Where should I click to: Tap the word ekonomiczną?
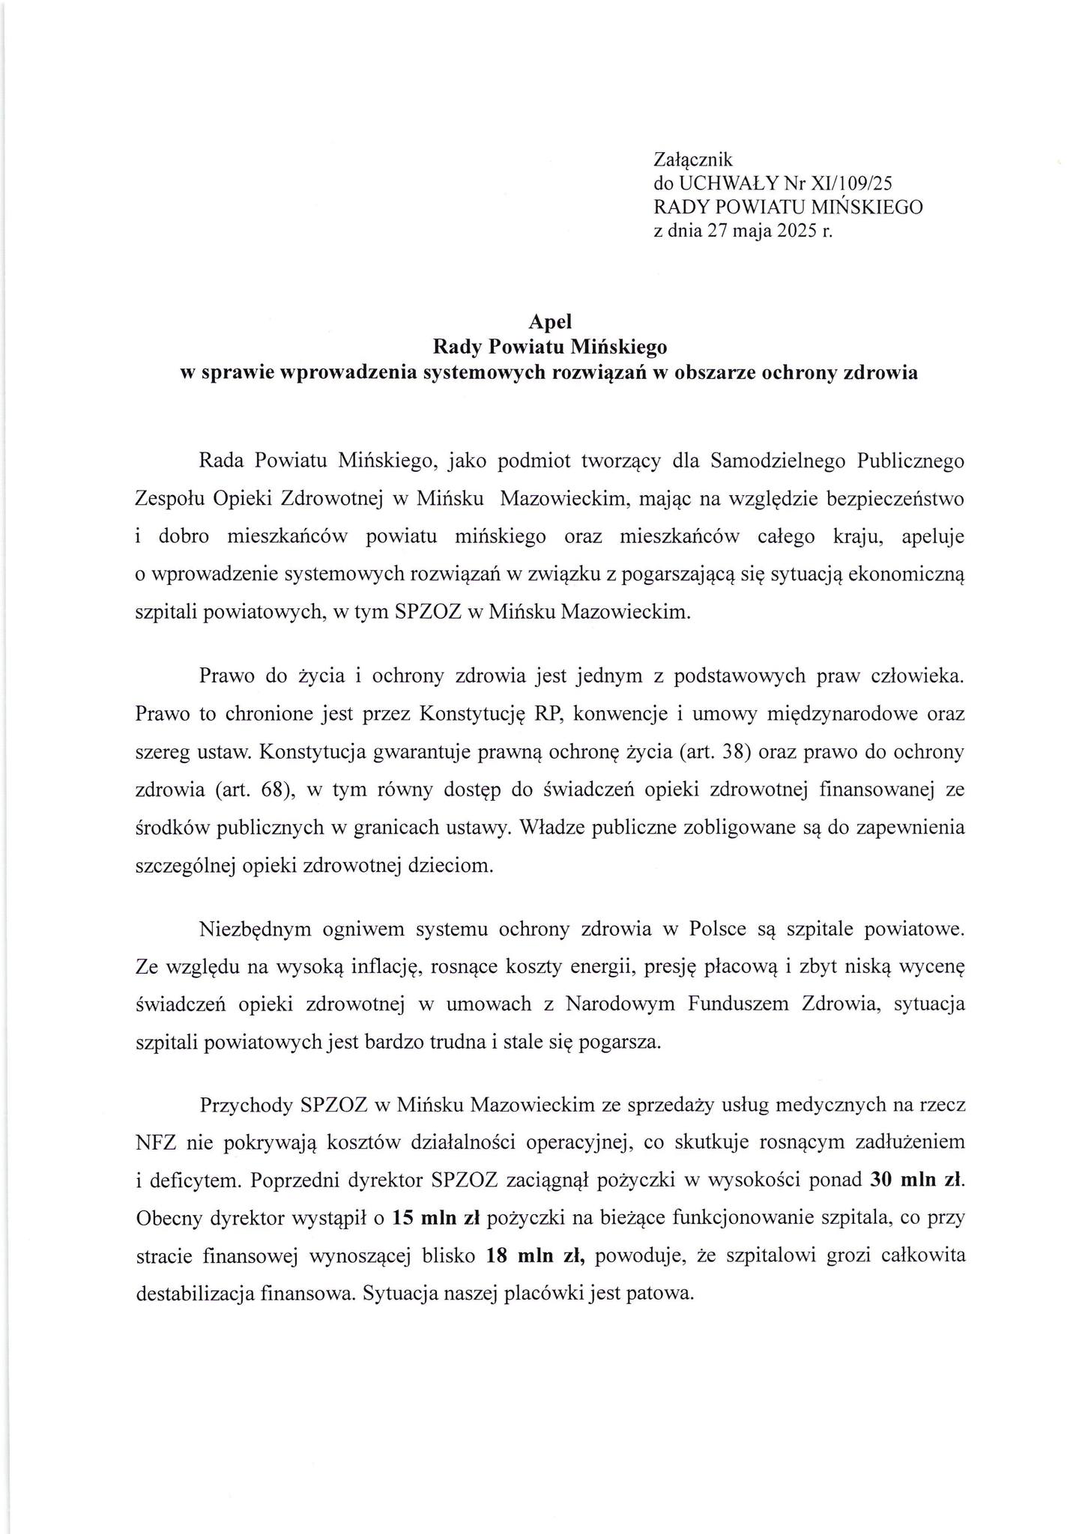coord(911,575)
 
